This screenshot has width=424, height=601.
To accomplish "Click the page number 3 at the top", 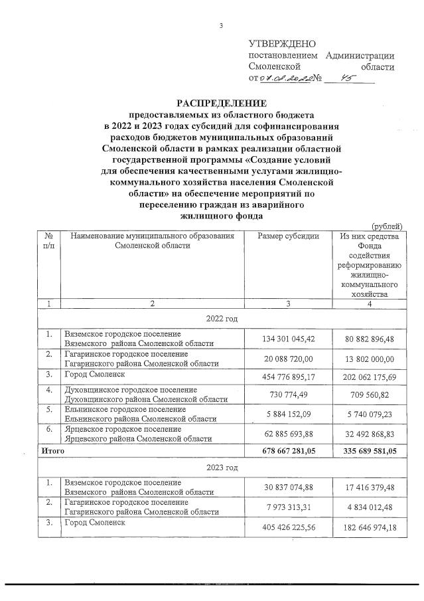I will coord(221,26).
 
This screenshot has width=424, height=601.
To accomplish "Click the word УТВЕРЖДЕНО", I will coord(279,43).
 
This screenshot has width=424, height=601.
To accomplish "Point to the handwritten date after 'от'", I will coord(287,79).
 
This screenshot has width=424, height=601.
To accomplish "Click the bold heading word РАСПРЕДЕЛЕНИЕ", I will coord(220,103).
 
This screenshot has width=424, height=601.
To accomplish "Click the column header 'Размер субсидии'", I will coord(287,236).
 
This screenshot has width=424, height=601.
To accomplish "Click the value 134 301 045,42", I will coord(287,339).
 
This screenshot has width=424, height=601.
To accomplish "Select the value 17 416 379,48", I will coord(368,488).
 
